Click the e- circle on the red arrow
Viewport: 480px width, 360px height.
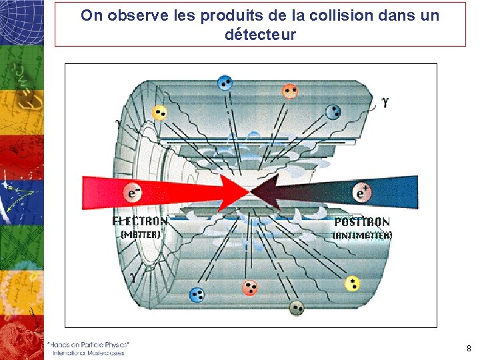click(133, 192)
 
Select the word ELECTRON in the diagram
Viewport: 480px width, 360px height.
click(140, 221)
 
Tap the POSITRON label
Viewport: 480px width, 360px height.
click(362, 222)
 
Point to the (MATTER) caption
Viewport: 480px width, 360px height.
click(140, 235)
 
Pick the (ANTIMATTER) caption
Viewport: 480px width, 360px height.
click(362, 235)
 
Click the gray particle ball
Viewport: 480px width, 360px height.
click(297, 307)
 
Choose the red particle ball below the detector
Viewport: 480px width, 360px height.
click(250, 287)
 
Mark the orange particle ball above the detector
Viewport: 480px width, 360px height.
click(289, 91)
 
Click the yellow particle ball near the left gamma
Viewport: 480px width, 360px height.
click(159, 112)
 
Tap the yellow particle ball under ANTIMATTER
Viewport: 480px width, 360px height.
click(352, 284)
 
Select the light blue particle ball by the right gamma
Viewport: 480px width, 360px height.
click(333, 112)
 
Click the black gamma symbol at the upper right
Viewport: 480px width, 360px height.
click(385, 102)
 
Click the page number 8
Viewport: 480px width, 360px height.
click(469, 348)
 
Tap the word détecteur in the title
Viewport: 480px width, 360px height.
click(260, 34)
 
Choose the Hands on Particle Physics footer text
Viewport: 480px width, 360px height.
click(89, 344)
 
